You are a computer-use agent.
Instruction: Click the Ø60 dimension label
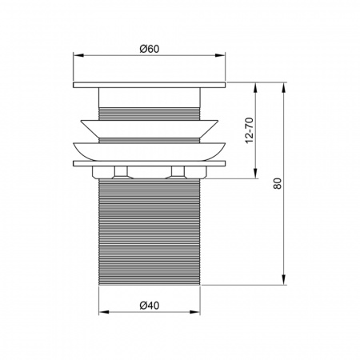tap(150, 48)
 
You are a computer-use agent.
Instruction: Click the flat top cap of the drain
tap(150, 84)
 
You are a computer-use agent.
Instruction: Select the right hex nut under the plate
tap(178, 171)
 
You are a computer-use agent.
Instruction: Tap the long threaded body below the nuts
tap(150, 232)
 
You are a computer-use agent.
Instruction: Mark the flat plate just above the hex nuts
tap(150, 163)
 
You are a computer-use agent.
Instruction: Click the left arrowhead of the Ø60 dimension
tap(77, 56)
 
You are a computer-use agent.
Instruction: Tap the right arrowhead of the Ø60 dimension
tap(222, 56)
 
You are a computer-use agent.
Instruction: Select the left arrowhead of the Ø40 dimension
tap(102, 312)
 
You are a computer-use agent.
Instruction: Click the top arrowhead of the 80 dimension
tap(285, 85)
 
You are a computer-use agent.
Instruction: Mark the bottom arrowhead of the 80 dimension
tap(285, 280)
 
